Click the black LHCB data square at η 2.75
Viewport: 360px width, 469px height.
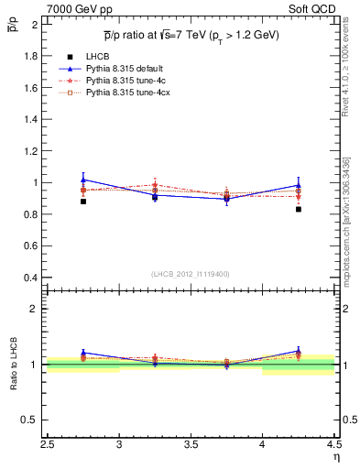click(x=83, y=201)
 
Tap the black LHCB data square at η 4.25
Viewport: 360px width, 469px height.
click(x=299, y=209)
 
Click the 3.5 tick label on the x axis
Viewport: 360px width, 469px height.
click(x=191, y=447)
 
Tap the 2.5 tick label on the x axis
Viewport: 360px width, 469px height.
click(x=48, y=447)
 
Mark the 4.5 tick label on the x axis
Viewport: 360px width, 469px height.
click(x=333, y=447)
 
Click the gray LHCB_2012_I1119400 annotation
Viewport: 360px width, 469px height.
click(x=191, y=274)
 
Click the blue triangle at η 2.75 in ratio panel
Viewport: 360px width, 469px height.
click(x=83, y=352)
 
